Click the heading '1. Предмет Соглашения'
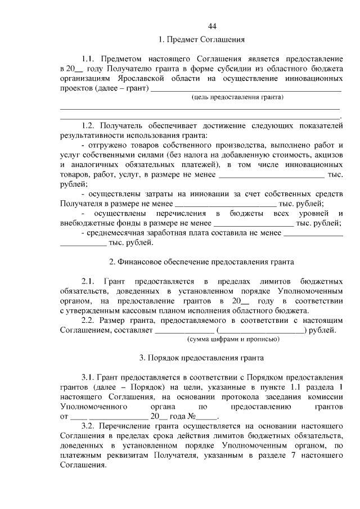(x=201, y=40)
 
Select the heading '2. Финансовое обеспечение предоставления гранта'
(x=201, y=262)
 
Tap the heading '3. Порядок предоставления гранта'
(x=201, y=357)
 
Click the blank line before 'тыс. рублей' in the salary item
(x=83, y=243)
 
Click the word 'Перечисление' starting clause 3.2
(x=123, y=427)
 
